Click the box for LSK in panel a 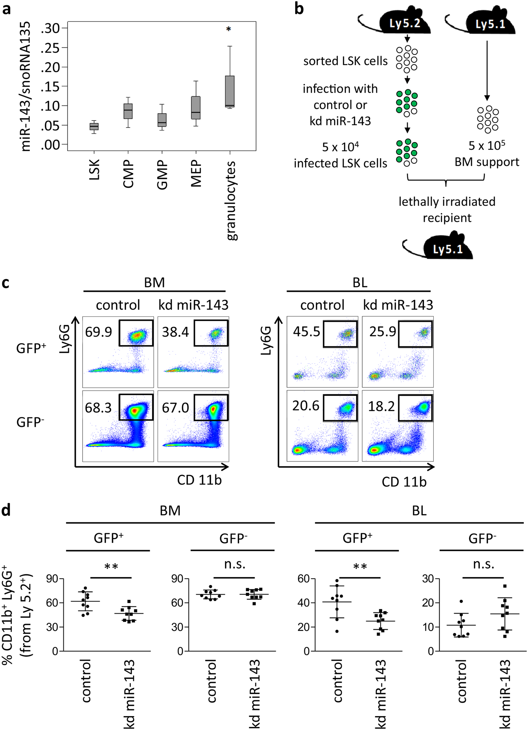(94, 127)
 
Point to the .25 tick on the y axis (50, 48)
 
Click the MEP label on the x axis (196, 174)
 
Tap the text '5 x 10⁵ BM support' (487, 154)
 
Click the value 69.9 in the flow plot (98, 332)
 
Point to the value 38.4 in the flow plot (175, 332)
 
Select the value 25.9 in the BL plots (382, 331)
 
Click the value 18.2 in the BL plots (381, 406)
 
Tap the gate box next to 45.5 (340, 334)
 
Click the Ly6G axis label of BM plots (65, 339)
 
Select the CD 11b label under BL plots (404, 482)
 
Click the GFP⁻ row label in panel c (30, 422)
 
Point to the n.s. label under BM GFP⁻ (235, 564)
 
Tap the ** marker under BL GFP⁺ (360, 567)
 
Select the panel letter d (6, 510)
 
